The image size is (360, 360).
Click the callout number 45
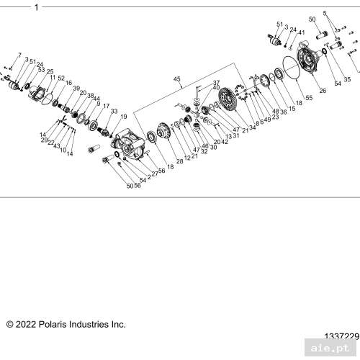(x=176, y=78)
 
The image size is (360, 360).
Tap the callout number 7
(x=19, y=55)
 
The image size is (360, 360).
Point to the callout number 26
(x=322, y=91)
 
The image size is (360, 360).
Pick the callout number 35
(x=347, y=79)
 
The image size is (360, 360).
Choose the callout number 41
(x=302, y=33)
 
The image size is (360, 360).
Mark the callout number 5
(x=324, y=14)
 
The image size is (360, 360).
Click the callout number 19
(x=123, y=117)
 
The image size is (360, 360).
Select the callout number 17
(x=106, y=106)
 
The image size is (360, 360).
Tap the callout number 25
(x=50, y=71)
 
